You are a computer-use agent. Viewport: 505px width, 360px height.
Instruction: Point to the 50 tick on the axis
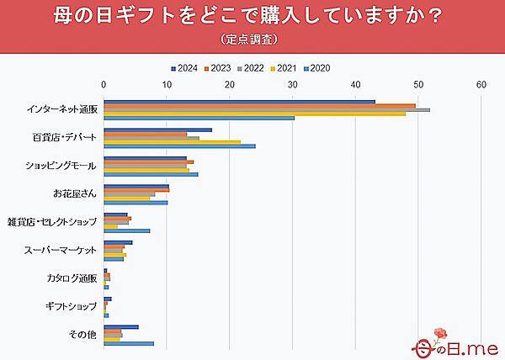point(418,84)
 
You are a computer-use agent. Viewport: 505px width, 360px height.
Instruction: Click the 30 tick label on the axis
point(292,84)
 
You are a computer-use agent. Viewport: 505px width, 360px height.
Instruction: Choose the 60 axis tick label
point(481,84)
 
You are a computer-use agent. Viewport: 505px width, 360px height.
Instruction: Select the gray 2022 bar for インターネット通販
point(266,109)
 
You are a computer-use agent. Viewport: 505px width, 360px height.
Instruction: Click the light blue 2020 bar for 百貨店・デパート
point(179,146)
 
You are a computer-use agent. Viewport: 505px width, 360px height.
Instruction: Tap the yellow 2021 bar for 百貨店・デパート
point(172,142)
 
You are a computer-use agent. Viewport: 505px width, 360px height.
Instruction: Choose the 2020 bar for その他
point(129,343)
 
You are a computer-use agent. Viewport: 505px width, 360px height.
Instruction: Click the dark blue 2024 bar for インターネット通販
point(239,102)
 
